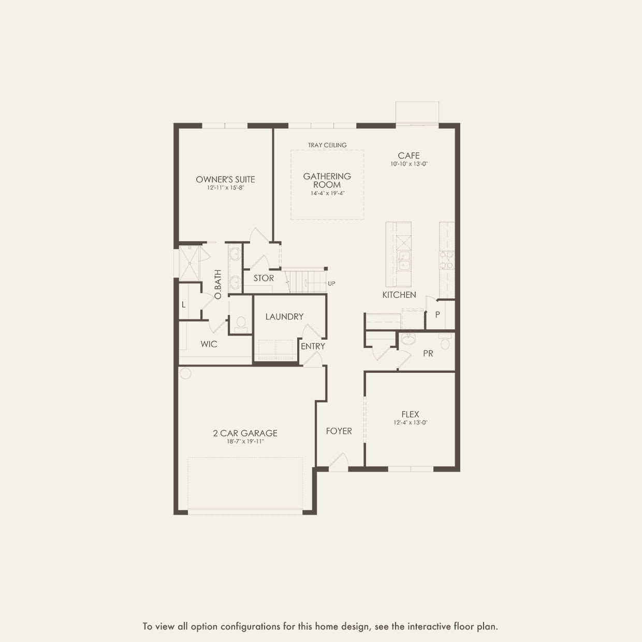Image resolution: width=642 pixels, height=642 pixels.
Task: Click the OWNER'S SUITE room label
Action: click(x=225, y=180)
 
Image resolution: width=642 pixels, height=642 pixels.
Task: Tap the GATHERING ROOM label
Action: click(x=327, y=180)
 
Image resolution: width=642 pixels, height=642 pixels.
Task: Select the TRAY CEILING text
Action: click(x=327, y=145)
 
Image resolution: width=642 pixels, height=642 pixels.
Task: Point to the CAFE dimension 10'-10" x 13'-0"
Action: click(x=409, y=164)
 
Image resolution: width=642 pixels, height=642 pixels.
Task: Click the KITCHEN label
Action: click(x=399, y=295)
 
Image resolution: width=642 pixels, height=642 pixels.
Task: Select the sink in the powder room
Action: click(x=408, y=339)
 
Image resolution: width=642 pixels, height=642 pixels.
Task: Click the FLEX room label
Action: click(x=410, y=414)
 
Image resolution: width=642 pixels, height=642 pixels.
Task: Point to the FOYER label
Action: click(x=339, y=431)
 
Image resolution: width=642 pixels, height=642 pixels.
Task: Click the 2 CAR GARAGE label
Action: click(x=245, y=433)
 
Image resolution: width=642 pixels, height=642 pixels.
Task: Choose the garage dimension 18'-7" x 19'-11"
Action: click(x=245, y=442)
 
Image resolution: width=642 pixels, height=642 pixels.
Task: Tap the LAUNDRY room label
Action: click(x=284, y=316)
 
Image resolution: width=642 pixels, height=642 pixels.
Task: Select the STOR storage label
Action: click(x=264, y=278)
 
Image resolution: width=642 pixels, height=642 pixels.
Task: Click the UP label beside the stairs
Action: click(x=331, y=284)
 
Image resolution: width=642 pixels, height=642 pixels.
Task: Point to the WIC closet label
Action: click(x=209, y=344)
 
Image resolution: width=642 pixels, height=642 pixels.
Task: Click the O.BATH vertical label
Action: click(x=217, y=284)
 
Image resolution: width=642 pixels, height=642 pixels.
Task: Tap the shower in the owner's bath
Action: click(x=189, y=263)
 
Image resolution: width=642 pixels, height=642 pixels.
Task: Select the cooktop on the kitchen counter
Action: click(x=447, y=260)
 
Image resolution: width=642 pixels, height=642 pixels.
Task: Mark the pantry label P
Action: click(x=437, y=314)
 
